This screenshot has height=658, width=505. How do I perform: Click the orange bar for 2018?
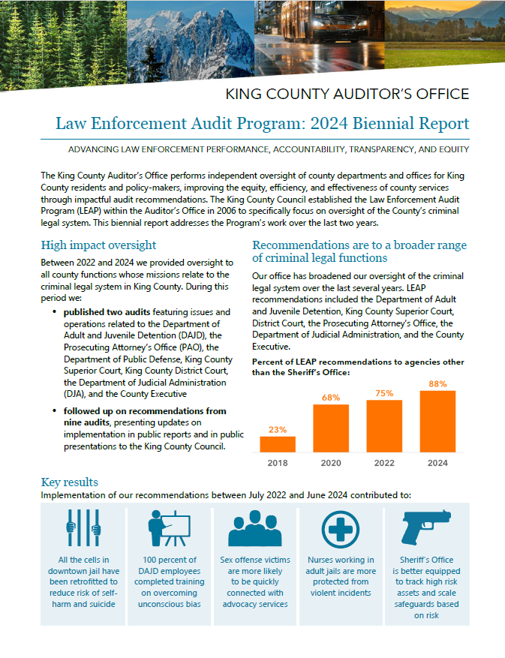tap(277, 443)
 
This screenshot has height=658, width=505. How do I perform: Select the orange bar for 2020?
tap(331, 428)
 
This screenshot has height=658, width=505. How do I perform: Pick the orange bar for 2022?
tap(384, 425)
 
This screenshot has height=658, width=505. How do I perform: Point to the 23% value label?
tap(277, 430)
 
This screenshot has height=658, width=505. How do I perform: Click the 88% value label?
tap(438, 384)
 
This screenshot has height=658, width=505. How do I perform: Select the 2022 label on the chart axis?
tap(384, 463)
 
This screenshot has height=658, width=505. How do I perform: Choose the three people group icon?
tap(255, 530)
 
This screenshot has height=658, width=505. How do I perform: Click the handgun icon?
tap(426, 528)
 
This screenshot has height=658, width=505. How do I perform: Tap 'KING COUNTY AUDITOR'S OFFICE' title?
tap(347, 94)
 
